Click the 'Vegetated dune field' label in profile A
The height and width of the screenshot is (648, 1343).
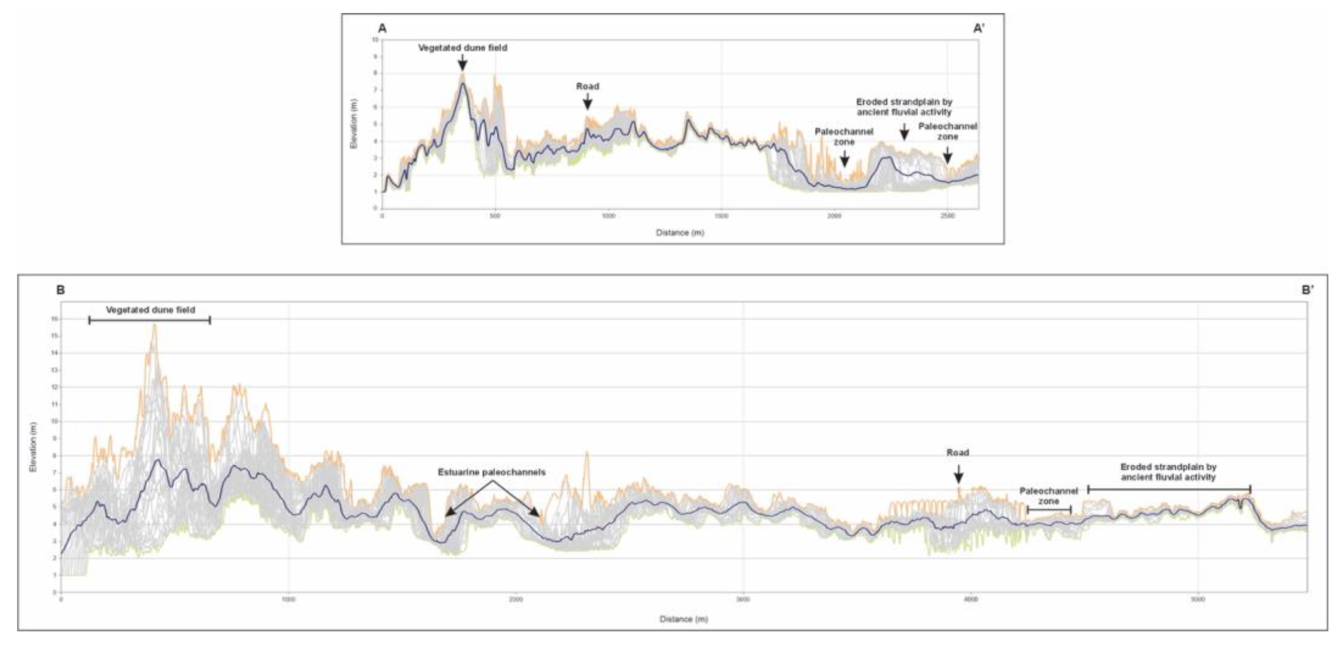point(463,48)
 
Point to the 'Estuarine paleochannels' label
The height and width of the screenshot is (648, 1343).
point(492,472)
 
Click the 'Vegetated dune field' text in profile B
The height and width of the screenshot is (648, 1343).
point(151,310)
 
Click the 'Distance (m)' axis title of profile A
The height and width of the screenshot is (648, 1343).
point(680,233)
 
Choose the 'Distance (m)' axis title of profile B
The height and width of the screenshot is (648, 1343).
point(683,619)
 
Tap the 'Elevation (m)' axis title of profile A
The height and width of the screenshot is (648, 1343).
point(354,124)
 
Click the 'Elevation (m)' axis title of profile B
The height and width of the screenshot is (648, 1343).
point(33,447)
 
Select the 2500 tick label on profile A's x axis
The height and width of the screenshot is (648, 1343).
point(947,215)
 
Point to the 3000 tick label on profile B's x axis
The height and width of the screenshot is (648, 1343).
point(742,600)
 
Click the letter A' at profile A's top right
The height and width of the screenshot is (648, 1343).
point(979,29)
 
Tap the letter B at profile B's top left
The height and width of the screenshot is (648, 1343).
point(61,290)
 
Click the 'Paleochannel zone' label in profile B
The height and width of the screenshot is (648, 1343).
point(1049,496)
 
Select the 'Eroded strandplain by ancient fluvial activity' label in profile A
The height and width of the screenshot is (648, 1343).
point(904,107)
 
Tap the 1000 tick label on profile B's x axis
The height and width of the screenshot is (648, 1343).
point(288,600)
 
